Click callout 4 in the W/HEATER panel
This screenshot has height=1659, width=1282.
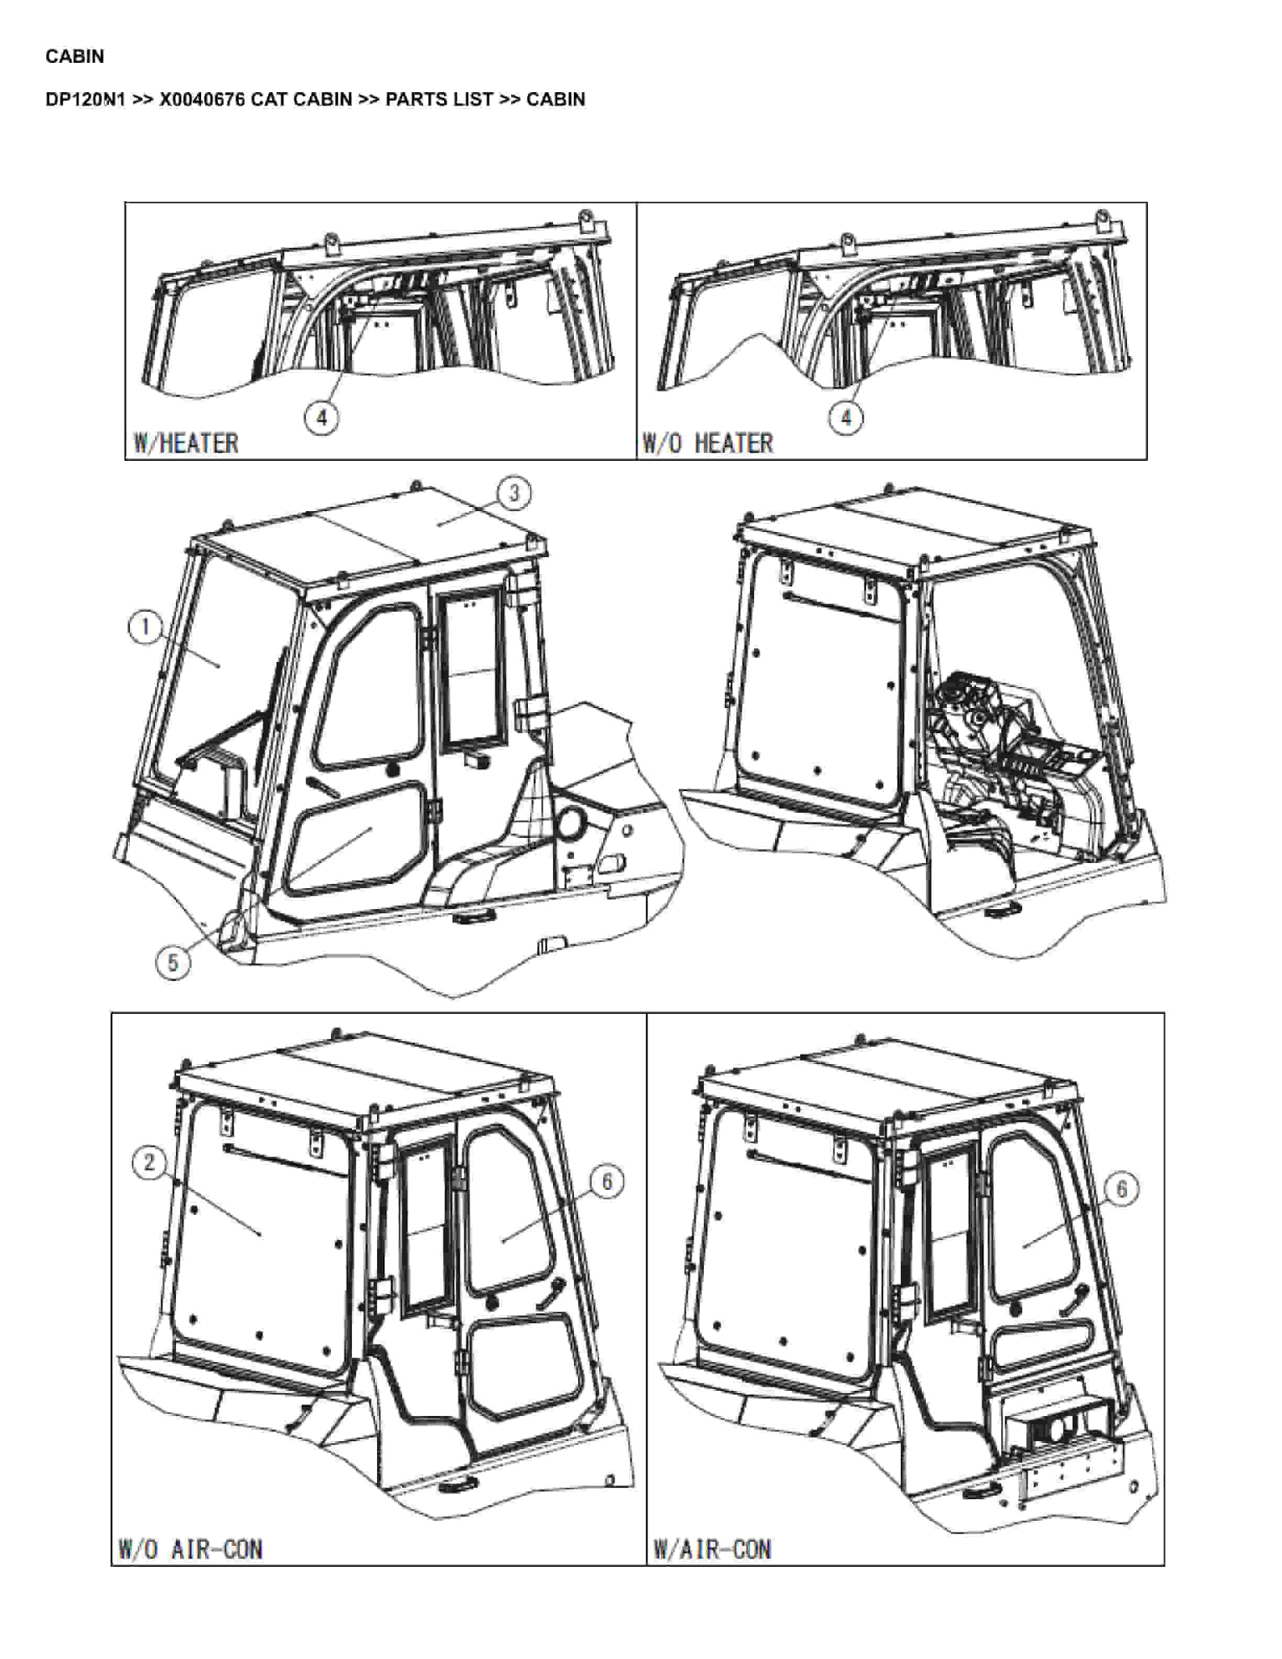tap(322, 418)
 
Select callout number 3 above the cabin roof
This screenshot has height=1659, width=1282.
tap(514, 494)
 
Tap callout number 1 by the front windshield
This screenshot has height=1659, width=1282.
tap(145, 627)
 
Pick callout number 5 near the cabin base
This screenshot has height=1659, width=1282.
tap(173, 963)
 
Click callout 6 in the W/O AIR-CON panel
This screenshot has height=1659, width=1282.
tap(607, 1182)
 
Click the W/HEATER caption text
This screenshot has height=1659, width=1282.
tap(186, 443)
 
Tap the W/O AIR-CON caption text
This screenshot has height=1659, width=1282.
tap(191, 1549)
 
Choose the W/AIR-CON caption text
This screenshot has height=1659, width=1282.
tap(712, 1549)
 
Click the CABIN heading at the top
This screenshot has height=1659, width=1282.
tap(74, 56)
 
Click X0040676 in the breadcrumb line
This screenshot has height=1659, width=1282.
tap(202, 99)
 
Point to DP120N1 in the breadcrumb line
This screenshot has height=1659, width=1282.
tap(85, 99)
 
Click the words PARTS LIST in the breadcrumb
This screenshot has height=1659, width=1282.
tap(439, 99)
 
